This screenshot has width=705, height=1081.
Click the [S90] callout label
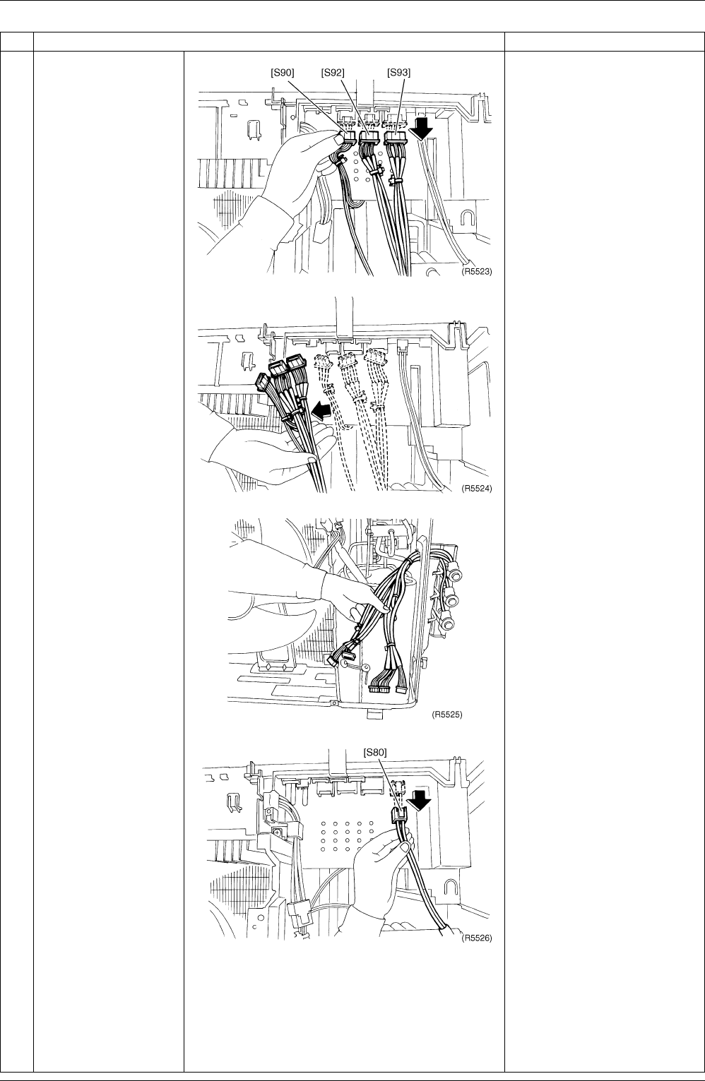[x=282, y=73]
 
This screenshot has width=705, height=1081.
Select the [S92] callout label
[x=333, y=73]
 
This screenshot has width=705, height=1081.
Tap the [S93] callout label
[x=398, y=73]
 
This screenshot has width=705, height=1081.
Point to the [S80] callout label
[x=375, y=752]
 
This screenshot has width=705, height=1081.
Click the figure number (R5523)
[x=477, y=272]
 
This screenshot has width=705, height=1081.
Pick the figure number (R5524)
[x=477, y=489]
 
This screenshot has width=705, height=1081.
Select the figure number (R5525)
[x=446, y=715]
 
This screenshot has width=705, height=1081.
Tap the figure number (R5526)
[x=477, y=938]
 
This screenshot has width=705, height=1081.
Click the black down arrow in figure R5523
[x=421, y=129]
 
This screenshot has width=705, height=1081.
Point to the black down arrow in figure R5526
[x=419, y=801]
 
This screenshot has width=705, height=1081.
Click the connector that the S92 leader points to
[x=370, y=138]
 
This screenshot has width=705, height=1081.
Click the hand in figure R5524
[x=271, y=449]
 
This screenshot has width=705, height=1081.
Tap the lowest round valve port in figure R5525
[x=448, y=623]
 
